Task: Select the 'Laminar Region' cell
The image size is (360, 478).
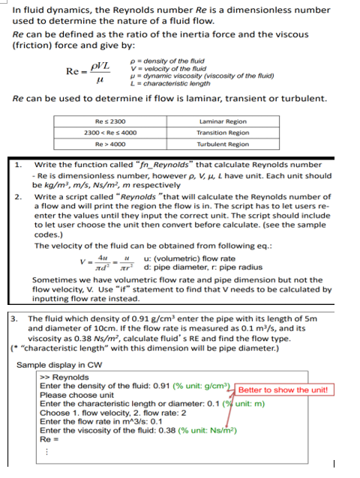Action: point(223,121)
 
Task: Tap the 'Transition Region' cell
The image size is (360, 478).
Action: point(223,132)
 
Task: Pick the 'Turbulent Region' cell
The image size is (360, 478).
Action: point(223,144)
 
